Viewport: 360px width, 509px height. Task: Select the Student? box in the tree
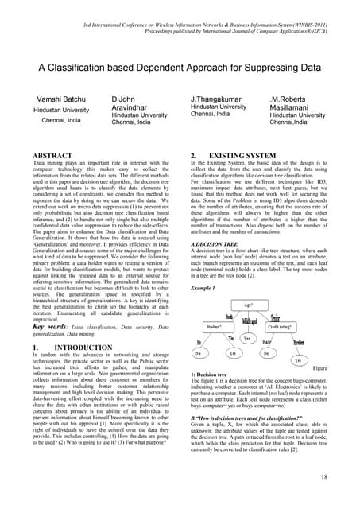pyautogui.click(x=214, y=326)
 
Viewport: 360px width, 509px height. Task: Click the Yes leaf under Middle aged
pyautogui.click(x=246, y=339)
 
